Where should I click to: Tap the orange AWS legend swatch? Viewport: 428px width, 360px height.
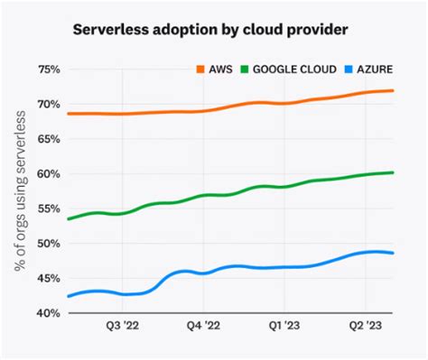coord(201,69)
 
